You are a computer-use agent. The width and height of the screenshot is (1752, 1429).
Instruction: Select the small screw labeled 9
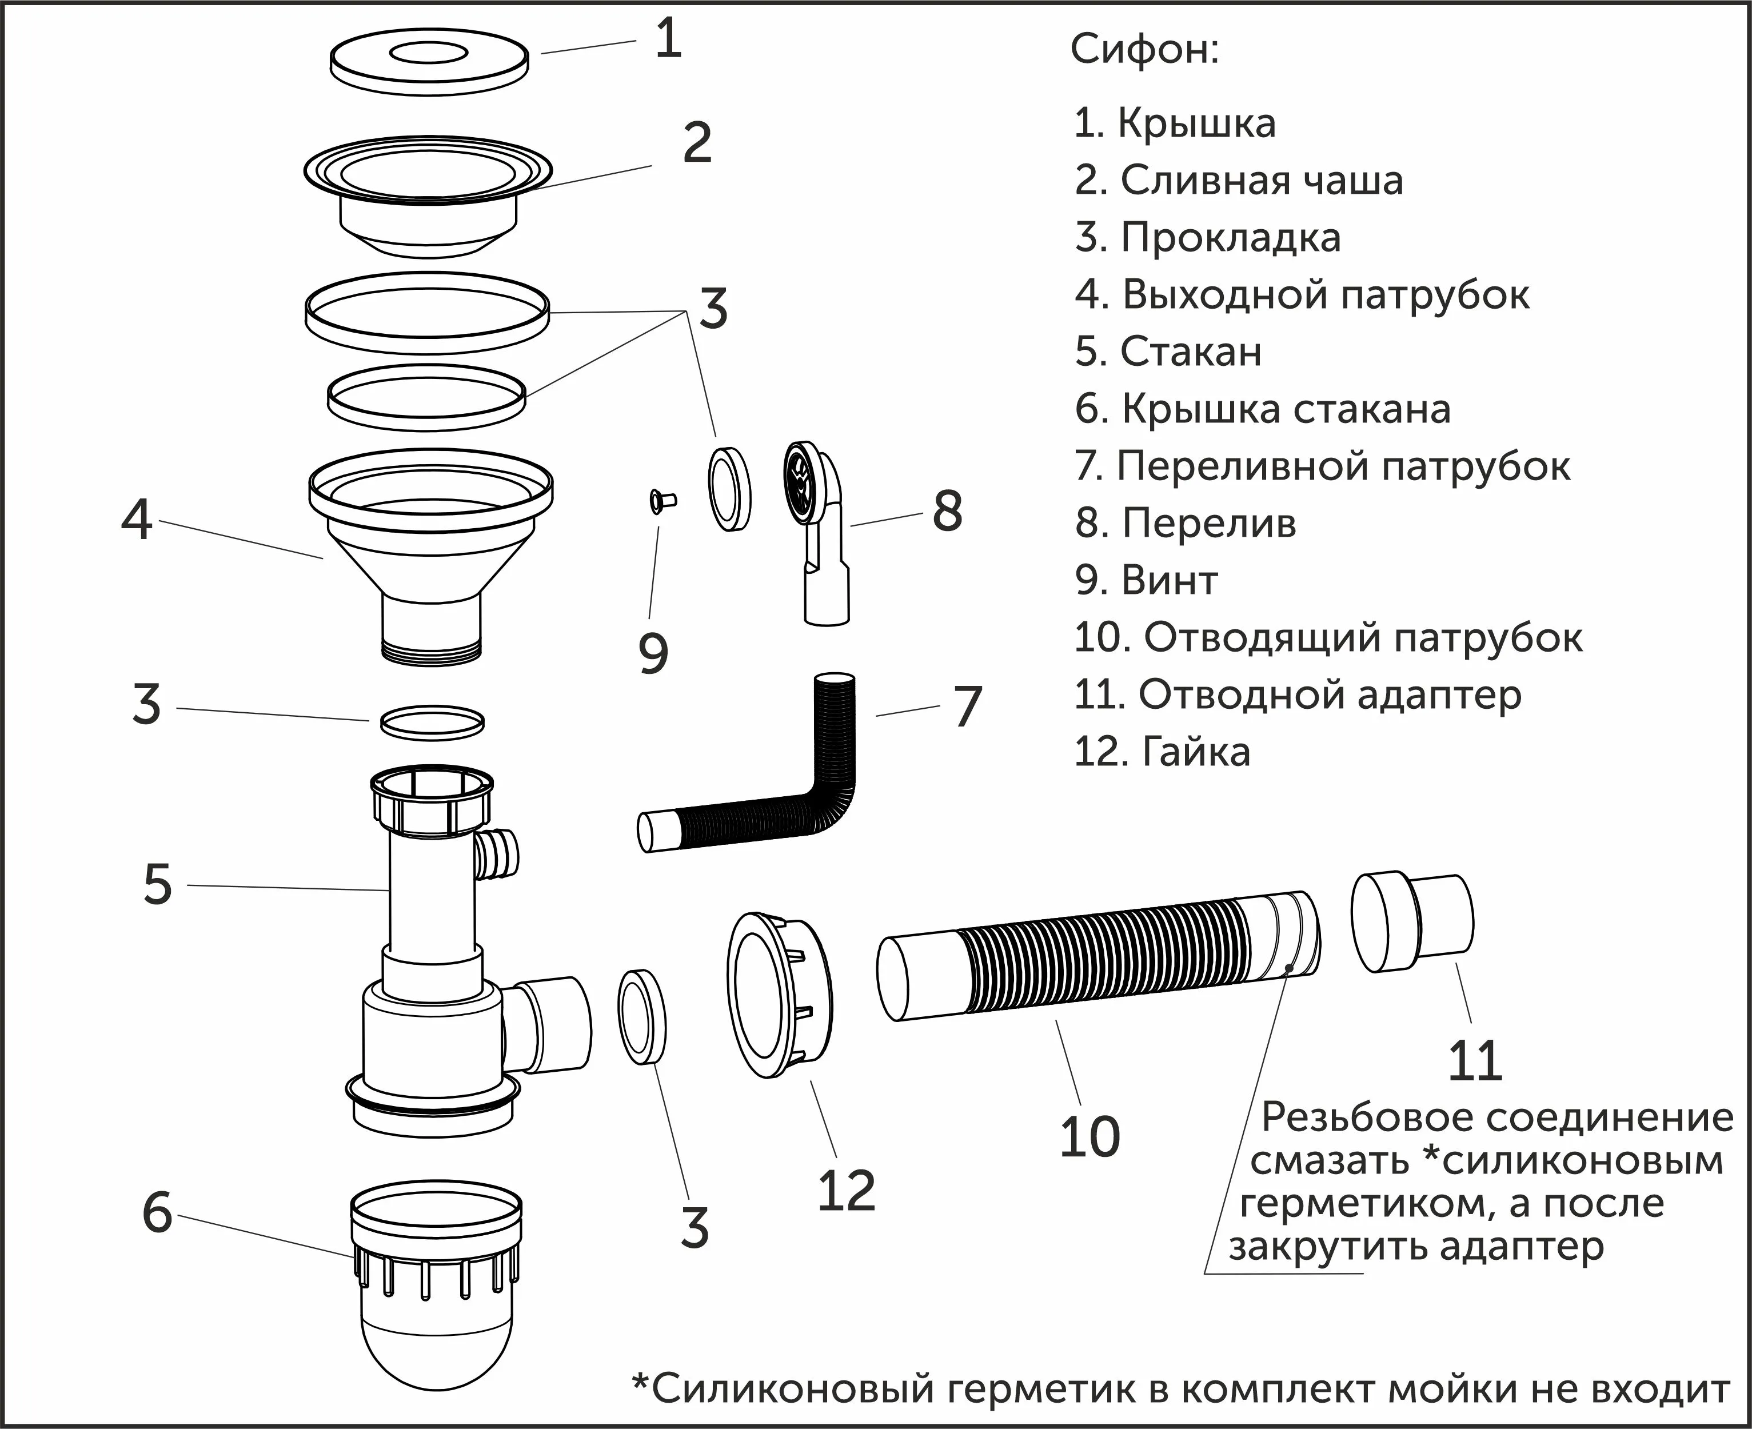[660, 500]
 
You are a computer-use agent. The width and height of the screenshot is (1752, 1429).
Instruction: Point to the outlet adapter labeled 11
[1412, 923]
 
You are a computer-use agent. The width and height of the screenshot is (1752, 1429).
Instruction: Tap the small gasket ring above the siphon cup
[432, 722]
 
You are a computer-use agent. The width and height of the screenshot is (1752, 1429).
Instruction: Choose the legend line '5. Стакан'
[1167, 352]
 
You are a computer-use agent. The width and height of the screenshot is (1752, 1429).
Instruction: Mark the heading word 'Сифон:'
[1144, 49]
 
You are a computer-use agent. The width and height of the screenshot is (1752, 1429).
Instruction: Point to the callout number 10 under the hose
[1089, 1137]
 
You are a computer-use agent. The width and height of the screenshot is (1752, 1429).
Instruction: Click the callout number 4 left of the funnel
[137, 520]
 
